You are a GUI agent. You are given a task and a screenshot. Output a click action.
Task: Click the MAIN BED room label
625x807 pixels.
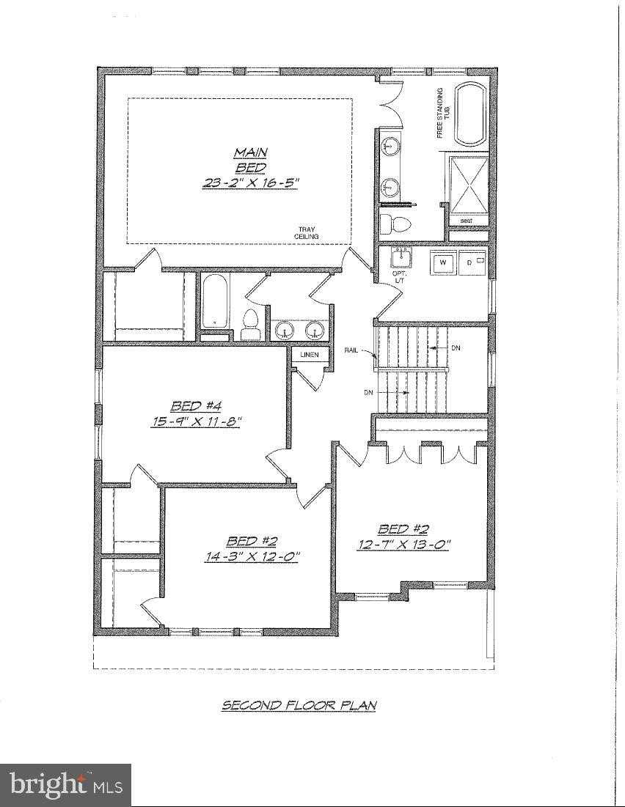(x=251, y=160)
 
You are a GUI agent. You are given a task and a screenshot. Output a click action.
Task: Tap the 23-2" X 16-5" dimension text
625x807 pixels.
(x=251, y=183)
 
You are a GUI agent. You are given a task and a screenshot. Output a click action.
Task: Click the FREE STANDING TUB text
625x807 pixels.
(x=442, y=113)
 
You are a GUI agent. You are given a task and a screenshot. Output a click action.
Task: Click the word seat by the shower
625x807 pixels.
(x=466, y=220)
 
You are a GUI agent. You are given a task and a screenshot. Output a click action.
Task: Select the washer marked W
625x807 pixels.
(x=442, y=262)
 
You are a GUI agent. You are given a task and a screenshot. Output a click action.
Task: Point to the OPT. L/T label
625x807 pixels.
(x=401, y=278)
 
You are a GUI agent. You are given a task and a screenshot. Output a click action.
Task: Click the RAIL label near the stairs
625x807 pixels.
(x=351, y=350)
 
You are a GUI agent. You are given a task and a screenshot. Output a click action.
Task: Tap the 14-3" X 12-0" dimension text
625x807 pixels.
(x=252, y=556)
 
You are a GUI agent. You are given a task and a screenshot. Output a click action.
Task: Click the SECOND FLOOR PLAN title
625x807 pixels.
(x=299, y=705)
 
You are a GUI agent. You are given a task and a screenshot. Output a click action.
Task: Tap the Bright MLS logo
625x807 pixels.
(x=66, y=785)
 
